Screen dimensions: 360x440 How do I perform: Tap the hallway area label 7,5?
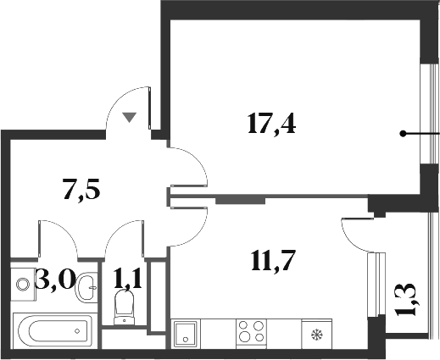point(82,189)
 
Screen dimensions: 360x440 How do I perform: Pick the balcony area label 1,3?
point(405,300)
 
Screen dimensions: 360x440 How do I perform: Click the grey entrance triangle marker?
point(129,117)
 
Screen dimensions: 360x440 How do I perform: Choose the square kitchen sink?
point(186,333)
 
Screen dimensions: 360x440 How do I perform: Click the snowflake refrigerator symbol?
point(317,334)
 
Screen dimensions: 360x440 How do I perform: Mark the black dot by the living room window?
point(404,133)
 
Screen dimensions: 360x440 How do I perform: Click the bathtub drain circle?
point(81,329)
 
